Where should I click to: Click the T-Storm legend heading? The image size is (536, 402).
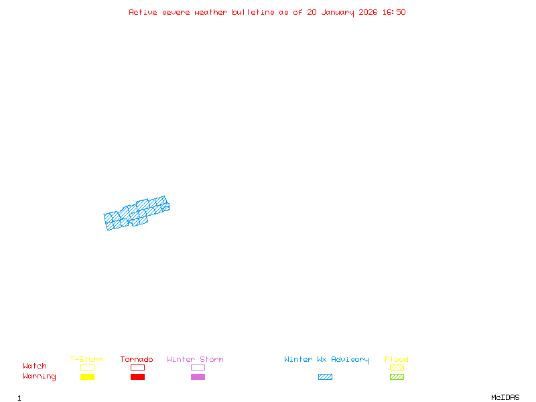[x=86, y=360]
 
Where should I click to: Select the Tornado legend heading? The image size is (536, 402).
[x=137, y=360]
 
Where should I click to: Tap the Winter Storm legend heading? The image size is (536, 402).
[x=195, y=360]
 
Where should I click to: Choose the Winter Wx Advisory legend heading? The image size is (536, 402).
[x=326, y=360]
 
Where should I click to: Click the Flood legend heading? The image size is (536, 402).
[x=397, y=360]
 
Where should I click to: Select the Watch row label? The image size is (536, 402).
[x=35, y=366]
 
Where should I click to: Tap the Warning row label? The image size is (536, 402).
[x=40, y=377]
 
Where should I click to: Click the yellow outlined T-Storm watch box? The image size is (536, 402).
[x=87, y=367]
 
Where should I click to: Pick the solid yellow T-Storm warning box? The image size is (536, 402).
[x=87, y=377]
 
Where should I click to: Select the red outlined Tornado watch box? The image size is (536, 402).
[x=137, y=367]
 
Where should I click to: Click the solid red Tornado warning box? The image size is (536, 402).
[x=137, y=377]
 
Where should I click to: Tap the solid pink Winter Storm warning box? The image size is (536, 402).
[x=198, y=377]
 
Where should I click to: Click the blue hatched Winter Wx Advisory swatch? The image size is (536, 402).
[x=325, y=377]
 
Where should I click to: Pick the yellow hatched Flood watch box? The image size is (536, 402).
[x=397, y=367]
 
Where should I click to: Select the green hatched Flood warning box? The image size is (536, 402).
[x=397, y=377]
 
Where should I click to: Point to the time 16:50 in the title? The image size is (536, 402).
[x=394, y=12]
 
